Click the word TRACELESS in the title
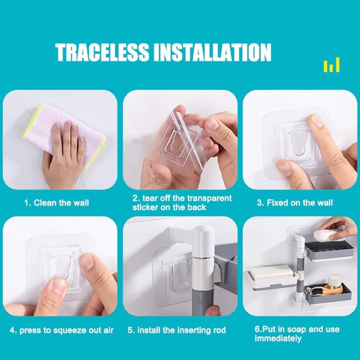pos(103,52)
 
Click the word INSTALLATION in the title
pos(212,52)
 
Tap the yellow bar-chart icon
pos(332,66)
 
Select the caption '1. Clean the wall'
pos(56,203)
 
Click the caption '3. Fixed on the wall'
pos(295,203)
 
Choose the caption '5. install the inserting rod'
pos(176,330)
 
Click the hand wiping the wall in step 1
pos(63,151)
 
